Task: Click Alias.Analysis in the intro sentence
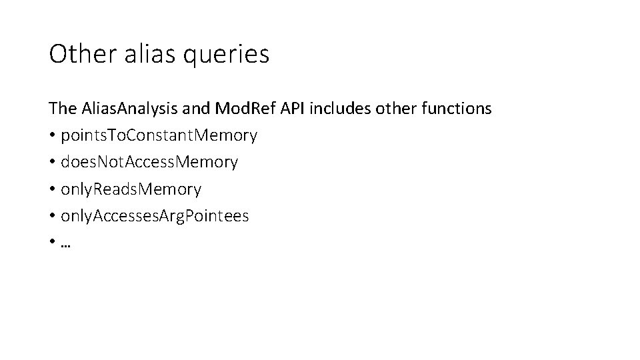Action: click(122, 109)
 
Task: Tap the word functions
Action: click(457, 109)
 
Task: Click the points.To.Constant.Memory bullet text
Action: click(159, 136)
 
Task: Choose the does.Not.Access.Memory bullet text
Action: click(149, 163)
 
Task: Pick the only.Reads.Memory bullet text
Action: click(131, 190)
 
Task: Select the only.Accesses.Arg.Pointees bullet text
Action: click(155, 217)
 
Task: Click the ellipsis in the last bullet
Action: click(65, 244)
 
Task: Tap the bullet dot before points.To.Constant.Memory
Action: click(52, 136)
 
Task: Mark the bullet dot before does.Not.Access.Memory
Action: click(52, 163)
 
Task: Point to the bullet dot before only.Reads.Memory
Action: click(52, 190)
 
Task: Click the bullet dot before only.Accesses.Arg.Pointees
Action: click(52, 217)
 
